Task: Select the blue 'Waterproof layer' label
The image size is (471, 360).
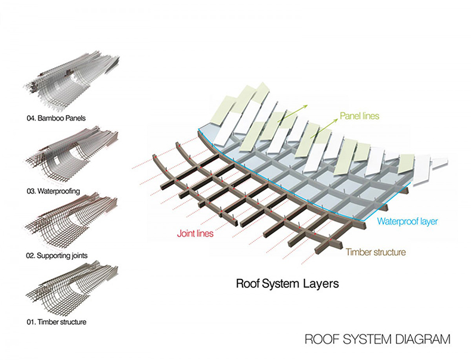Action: (407, 221)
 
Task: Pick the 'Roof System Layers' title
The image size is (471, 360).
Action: (287, 284)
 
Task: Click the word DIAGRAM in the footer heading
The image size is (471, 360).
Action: (422, 340)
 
